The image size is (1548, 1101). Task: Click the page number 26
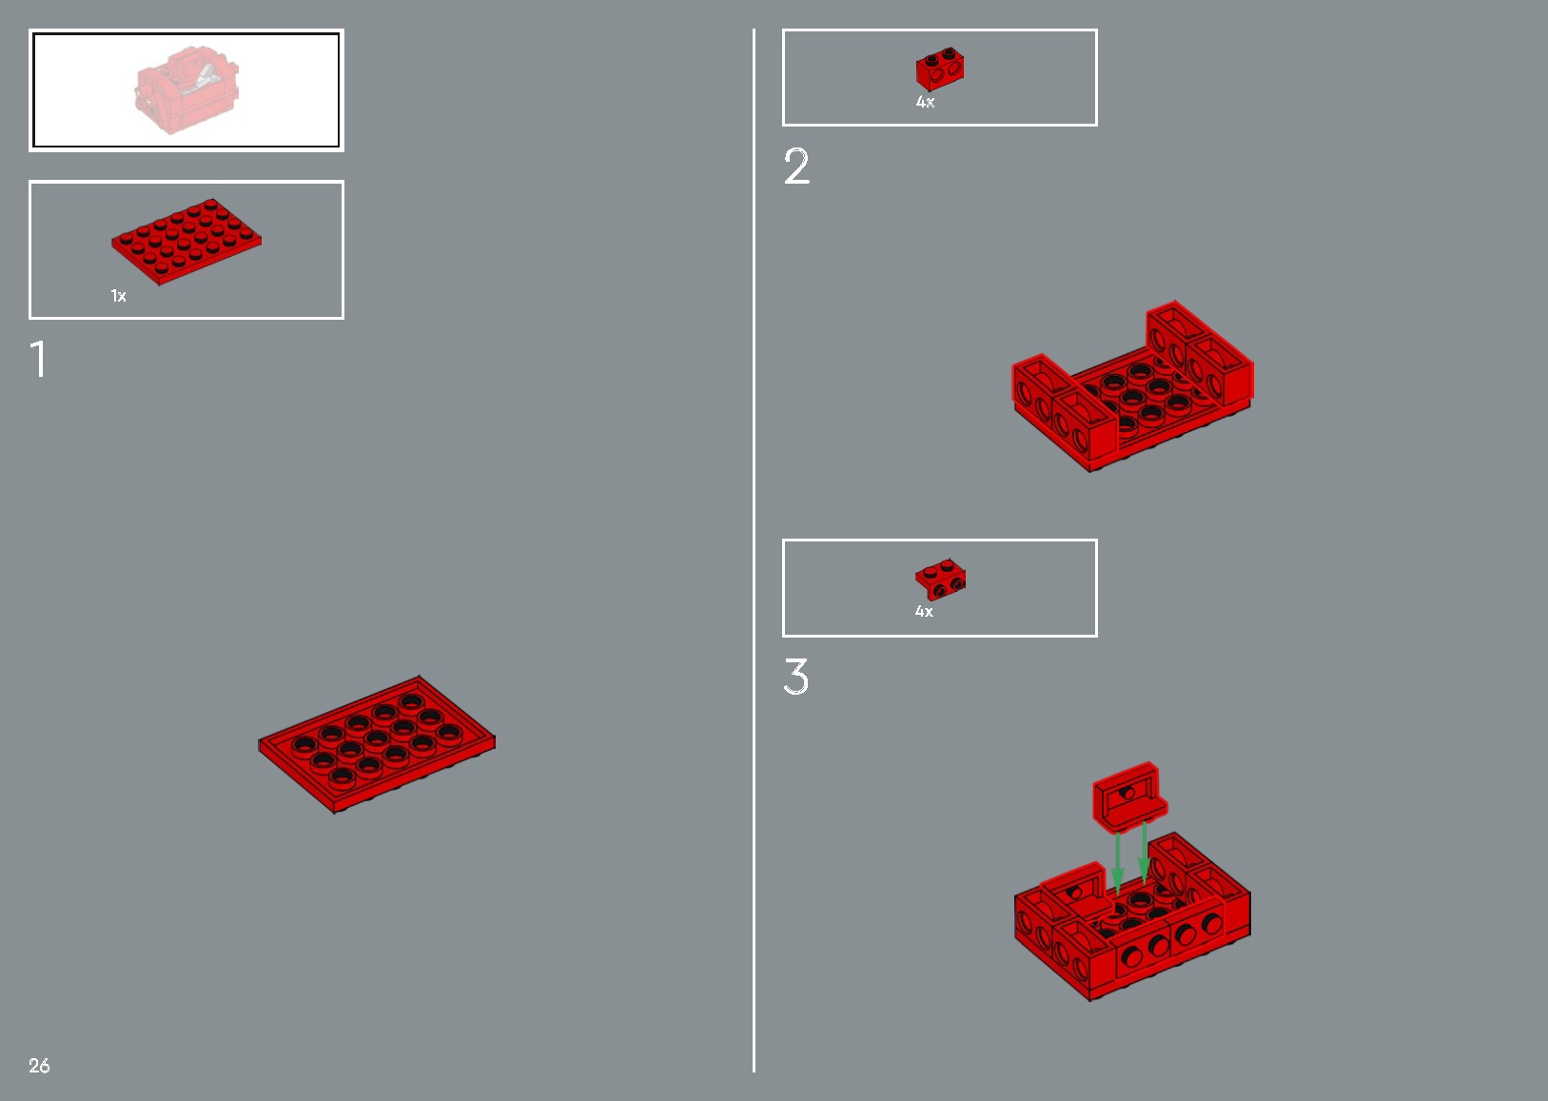point(39,1065)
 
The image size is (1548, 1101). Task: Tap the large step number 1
point(39,358)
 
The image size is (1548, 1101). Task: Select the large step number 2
point(796,166)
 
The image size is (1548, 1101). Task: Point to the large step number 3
point(796,676)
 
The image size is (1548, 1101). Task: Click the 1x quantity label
point(118,296)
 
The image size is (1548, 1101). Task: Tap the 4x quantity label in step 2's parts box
point(926,102)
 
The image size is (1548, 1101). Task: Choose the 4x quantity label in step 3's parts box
point(924,611)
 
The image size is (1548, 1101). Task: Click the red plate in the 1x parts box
point(186,241)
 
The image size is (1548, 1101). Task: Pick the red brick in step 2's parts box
point(940,69)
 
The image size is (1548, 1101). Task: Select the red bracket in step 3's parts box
point(941,580)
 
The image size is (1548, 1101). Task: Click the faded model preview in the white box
point(187,89)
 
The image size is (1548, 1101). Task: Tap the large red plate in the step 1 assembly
point(377,744)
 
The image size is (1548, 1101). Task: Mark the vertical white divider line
point(754,550)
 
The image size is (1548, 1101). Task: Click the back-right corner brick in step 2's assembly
point(1219,370)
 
